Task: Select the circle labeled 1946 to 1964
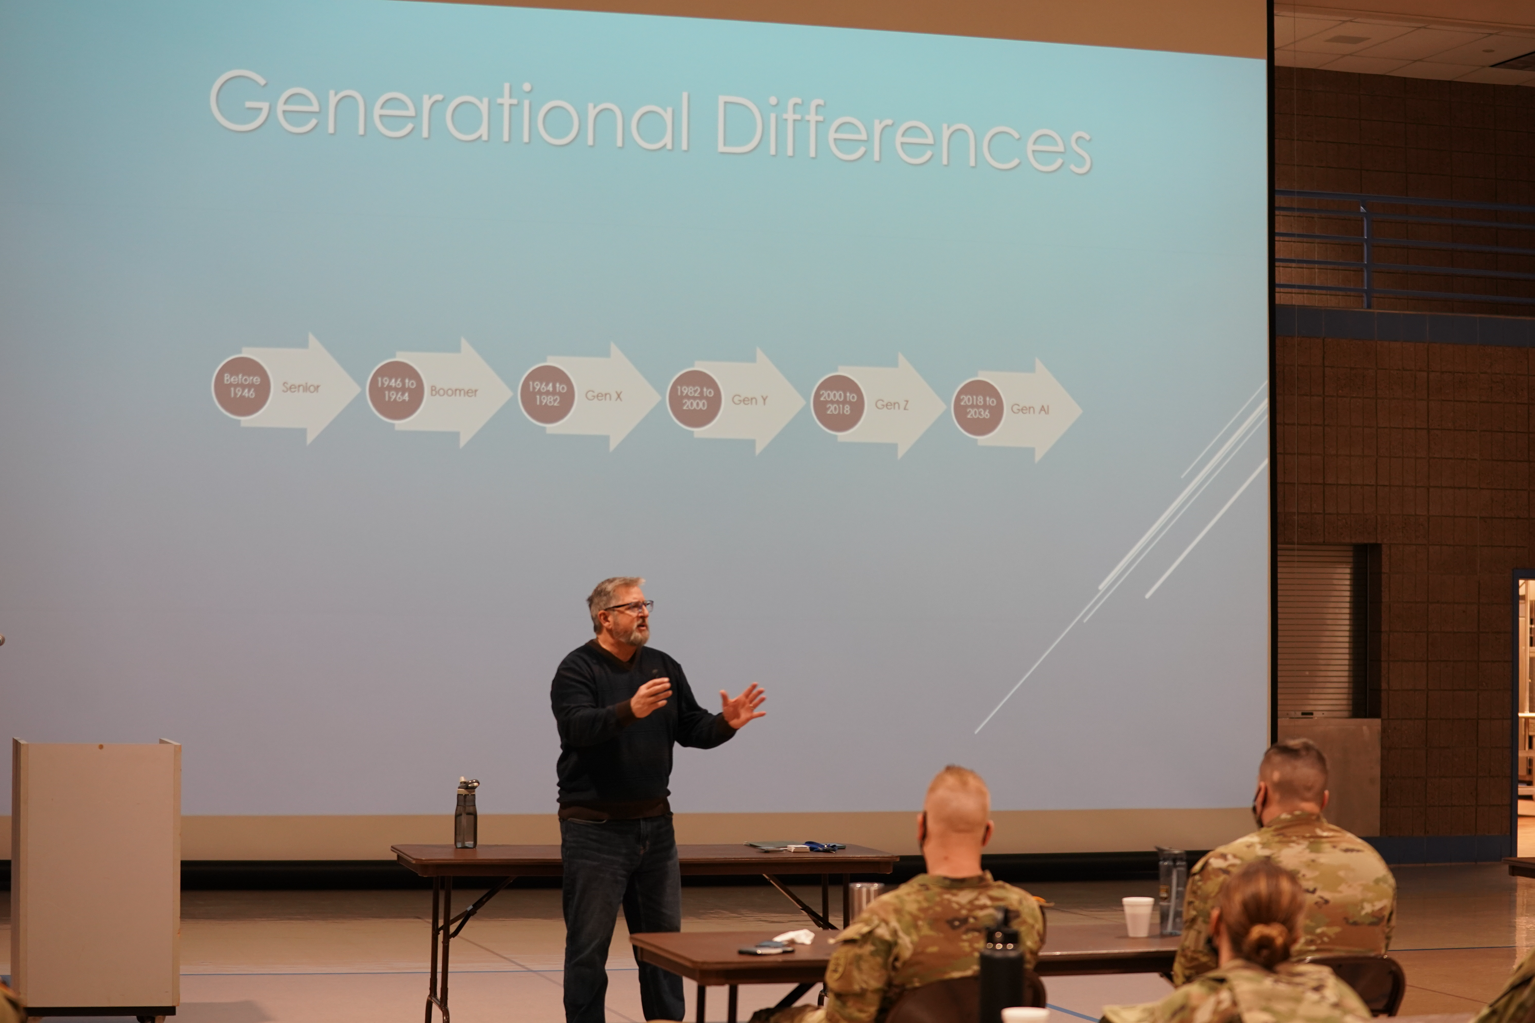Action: tap(396, 390)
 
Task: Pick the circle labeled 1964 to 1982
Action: tap(547, 394)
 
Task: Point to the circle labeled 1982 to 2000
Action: tap(695, 399)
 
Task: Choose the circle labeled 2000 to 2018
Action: tap(838, 403)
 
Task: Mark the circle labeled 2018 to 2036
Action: tap(978, 408)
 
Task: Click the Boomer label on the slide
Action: tap(454, 392)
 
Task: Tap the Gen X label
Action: tap(603, 396)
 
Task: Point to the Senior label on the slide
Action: tap(301, 388)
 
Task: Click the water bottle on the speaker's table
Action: tap(466, 813)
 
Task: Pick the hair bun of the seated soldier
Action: tap(1266, 944)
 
